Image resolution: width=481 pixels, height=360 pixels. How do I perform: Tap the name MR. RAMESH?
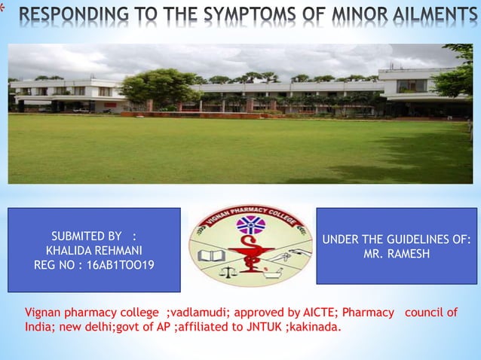click(x=397, y=255)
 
